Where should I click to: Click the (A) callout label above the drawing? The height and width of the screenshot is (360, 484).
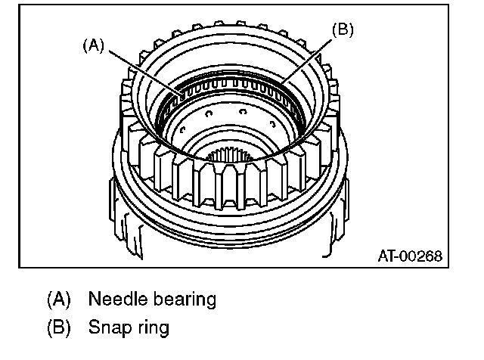(x=93, y=45)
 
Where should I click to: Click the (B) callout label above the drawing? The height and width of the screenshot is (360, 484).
(x=343, y=30)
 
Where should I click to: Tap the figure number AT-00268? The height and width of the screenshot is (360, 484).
(x=409, y=255)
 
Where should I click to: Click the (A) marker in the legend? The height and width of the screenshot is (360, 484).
(x=58, y=299)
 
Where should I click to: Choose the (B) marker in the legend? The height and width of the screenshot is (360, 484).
(x=58, y=328)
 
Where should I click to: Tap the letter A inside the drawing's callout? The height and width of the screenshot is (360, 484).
(x=93, y=45)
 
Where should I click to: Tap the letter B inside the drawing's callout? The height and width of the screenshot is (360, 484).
(x=343, y=30)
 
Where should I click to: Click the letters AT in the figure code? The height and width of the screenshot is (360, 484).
(x=386, y=255)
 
